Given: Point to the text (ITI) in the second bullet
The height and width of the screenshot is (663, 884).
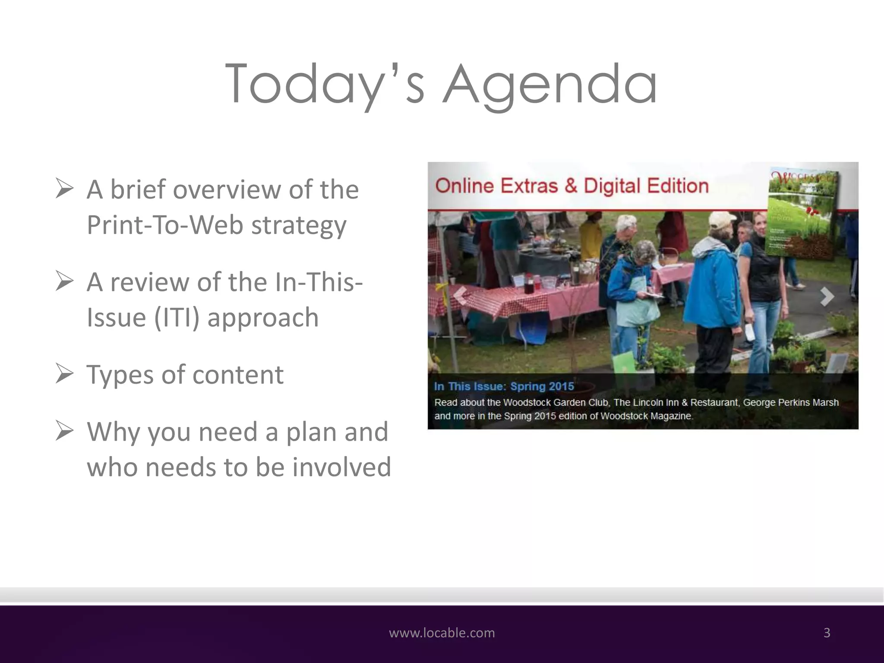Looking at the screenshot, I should click(177, 318).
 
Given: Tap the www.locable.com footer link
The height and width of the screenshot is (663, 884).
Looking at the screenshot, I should click(442, 633).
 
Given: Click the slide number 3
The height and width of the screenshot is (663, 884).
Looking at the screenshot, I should click(827, 633).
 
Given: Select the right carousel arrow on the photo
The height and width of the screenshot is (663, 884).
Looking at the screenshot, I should click(826, 297).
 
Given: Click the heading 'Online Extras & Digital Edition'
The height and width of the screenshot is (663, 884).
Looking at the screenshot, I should click(571, 186).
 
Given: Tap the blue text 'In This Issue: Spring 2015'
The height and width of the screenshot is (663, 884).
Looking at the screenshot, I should click(504, 386).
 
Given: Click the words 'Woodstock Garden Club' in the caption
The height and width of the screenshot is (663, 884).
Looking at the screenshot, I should click(556, 402).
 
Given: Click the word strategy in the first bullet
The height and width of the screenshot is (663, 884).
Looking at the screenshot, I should click(299, 225).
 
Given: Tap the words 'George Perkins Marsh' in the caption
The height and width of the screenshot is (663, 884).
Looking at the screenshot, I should click(791, 402).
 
